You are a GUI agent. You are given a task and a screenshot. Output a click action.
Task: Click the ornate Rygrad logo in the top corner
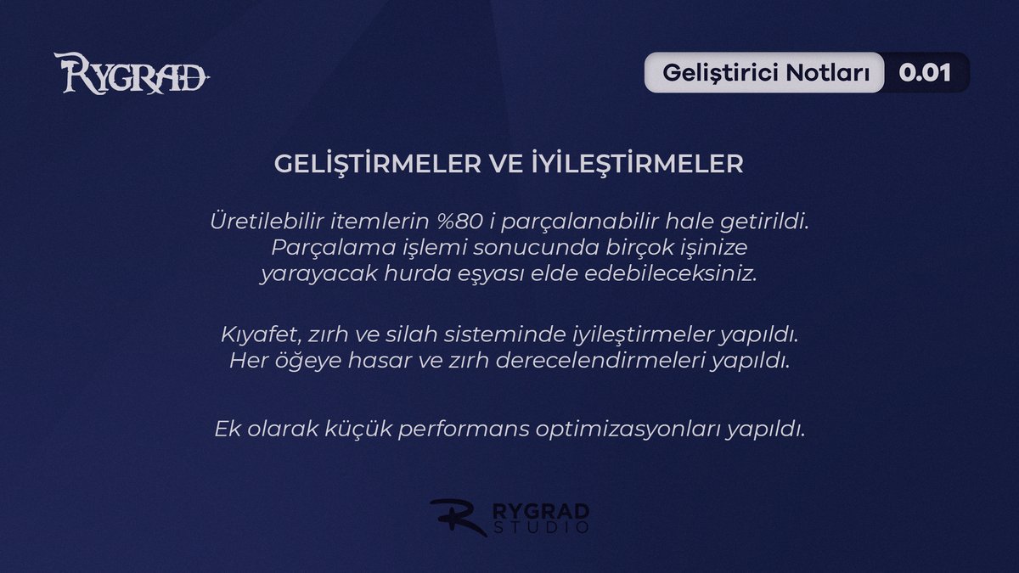pyautogui.click(x=132, y=73)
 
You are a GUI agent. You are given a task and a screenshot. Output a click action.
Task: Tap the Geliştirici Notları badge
pyautogui.click(x=766, y=73)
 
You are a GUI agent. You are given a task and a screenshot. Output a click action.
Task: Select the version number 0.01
pyautogui.click(x=925, y=73)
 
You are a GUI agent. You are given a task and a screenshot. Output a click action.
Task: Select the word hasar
pyautogui.click(x=403, y=360)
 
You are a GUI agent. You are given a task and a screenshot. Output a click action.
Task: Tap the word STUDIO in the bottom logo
pyautogui.click(x=541, y=528)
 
